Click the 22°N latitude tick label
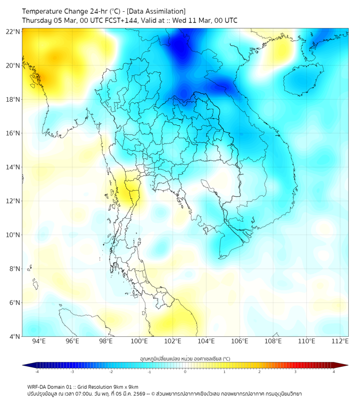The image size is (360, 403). coord(13,31)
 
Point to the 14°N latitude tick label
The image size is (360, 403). coord(13,167)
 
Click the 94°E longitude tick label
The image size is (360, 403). coord(38,342)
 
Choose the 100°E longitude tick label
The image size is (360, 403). coord(139,342)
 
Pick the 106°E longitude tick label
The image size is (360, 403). coord(240,342)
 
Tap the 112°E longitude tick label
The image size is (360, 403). coord(340,342)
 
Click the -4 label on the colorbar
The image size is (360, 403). coord(36,372)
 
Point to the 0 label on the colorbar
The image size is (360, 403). coord(185,372)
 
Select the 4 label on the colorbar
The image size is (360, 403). coord(333,372)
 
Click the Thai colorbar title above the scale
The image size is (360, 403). coord(185,358)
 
